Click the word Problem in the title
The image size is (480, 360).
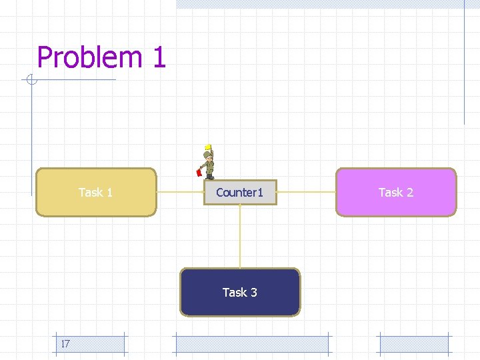click(89, 58)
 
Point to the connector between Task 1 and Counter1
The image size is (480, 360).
click(180, 192)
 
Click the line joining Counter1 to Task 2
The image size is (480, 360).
click(306, 192)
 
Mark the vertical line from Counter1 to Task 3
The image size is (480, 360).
click(240, 236)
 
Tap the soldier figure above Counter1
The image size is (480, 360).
click(209, 164)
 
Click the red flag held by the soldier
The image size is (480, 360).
click(199, 173)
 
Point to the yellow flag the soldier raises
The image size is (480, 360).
click(208, 147)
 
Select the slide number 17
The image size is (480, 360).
click(65, 344)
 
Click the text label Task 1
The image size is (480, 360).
click(95, 193)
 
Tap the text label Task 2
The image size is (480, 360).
click(396, 193)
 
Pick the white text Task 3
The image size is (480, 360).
click(240, 292)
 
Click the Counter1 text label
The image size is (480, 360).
click(240, 193)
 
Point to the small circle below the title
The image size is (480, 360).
click(31, 81)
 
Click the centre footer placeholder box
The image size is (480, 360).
click(251, 344)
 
